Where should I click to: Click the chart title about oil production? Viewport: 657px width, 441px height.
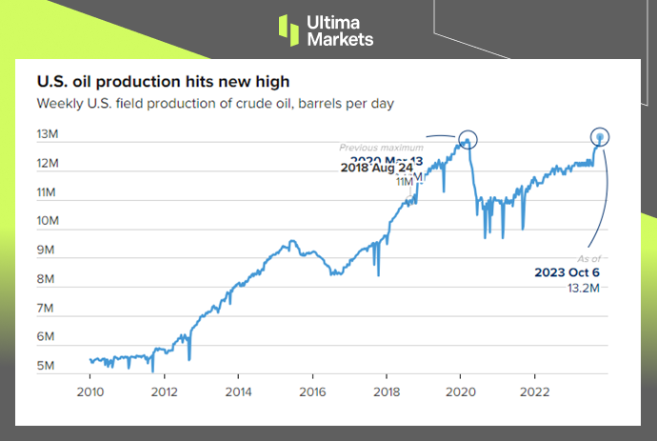tap(163, 82)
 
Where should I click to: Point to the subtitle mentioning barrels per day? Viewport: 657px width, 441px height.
tap(215, 103)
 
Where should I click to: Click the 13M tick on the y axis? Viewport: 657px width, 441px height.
tap(49, 134)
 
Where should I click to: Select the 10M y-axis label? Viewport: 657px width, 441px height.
tap(49, 221)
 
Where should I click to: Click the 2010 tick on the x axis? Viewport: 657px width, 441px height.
tap(90, 391)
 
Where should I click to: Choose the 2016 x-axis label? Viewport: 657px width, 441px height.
tap(312, 391)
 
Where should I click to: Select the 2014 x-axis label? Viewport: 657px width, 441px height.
tap(238, 391)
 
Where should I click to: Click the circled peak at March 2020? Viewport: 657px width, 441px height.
tap(468, 139)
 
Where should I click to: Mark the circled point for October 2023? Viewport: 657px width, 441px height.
tap(601, 137)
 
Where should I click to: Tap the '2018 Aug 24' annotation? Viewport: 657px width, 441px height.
tap(378, 169)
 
